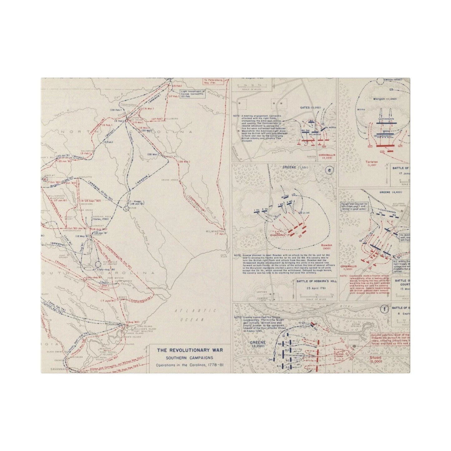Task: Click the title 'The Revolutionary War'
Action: tap(189, 350)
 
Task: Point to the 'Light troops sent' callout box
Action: tap(192, 93)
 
